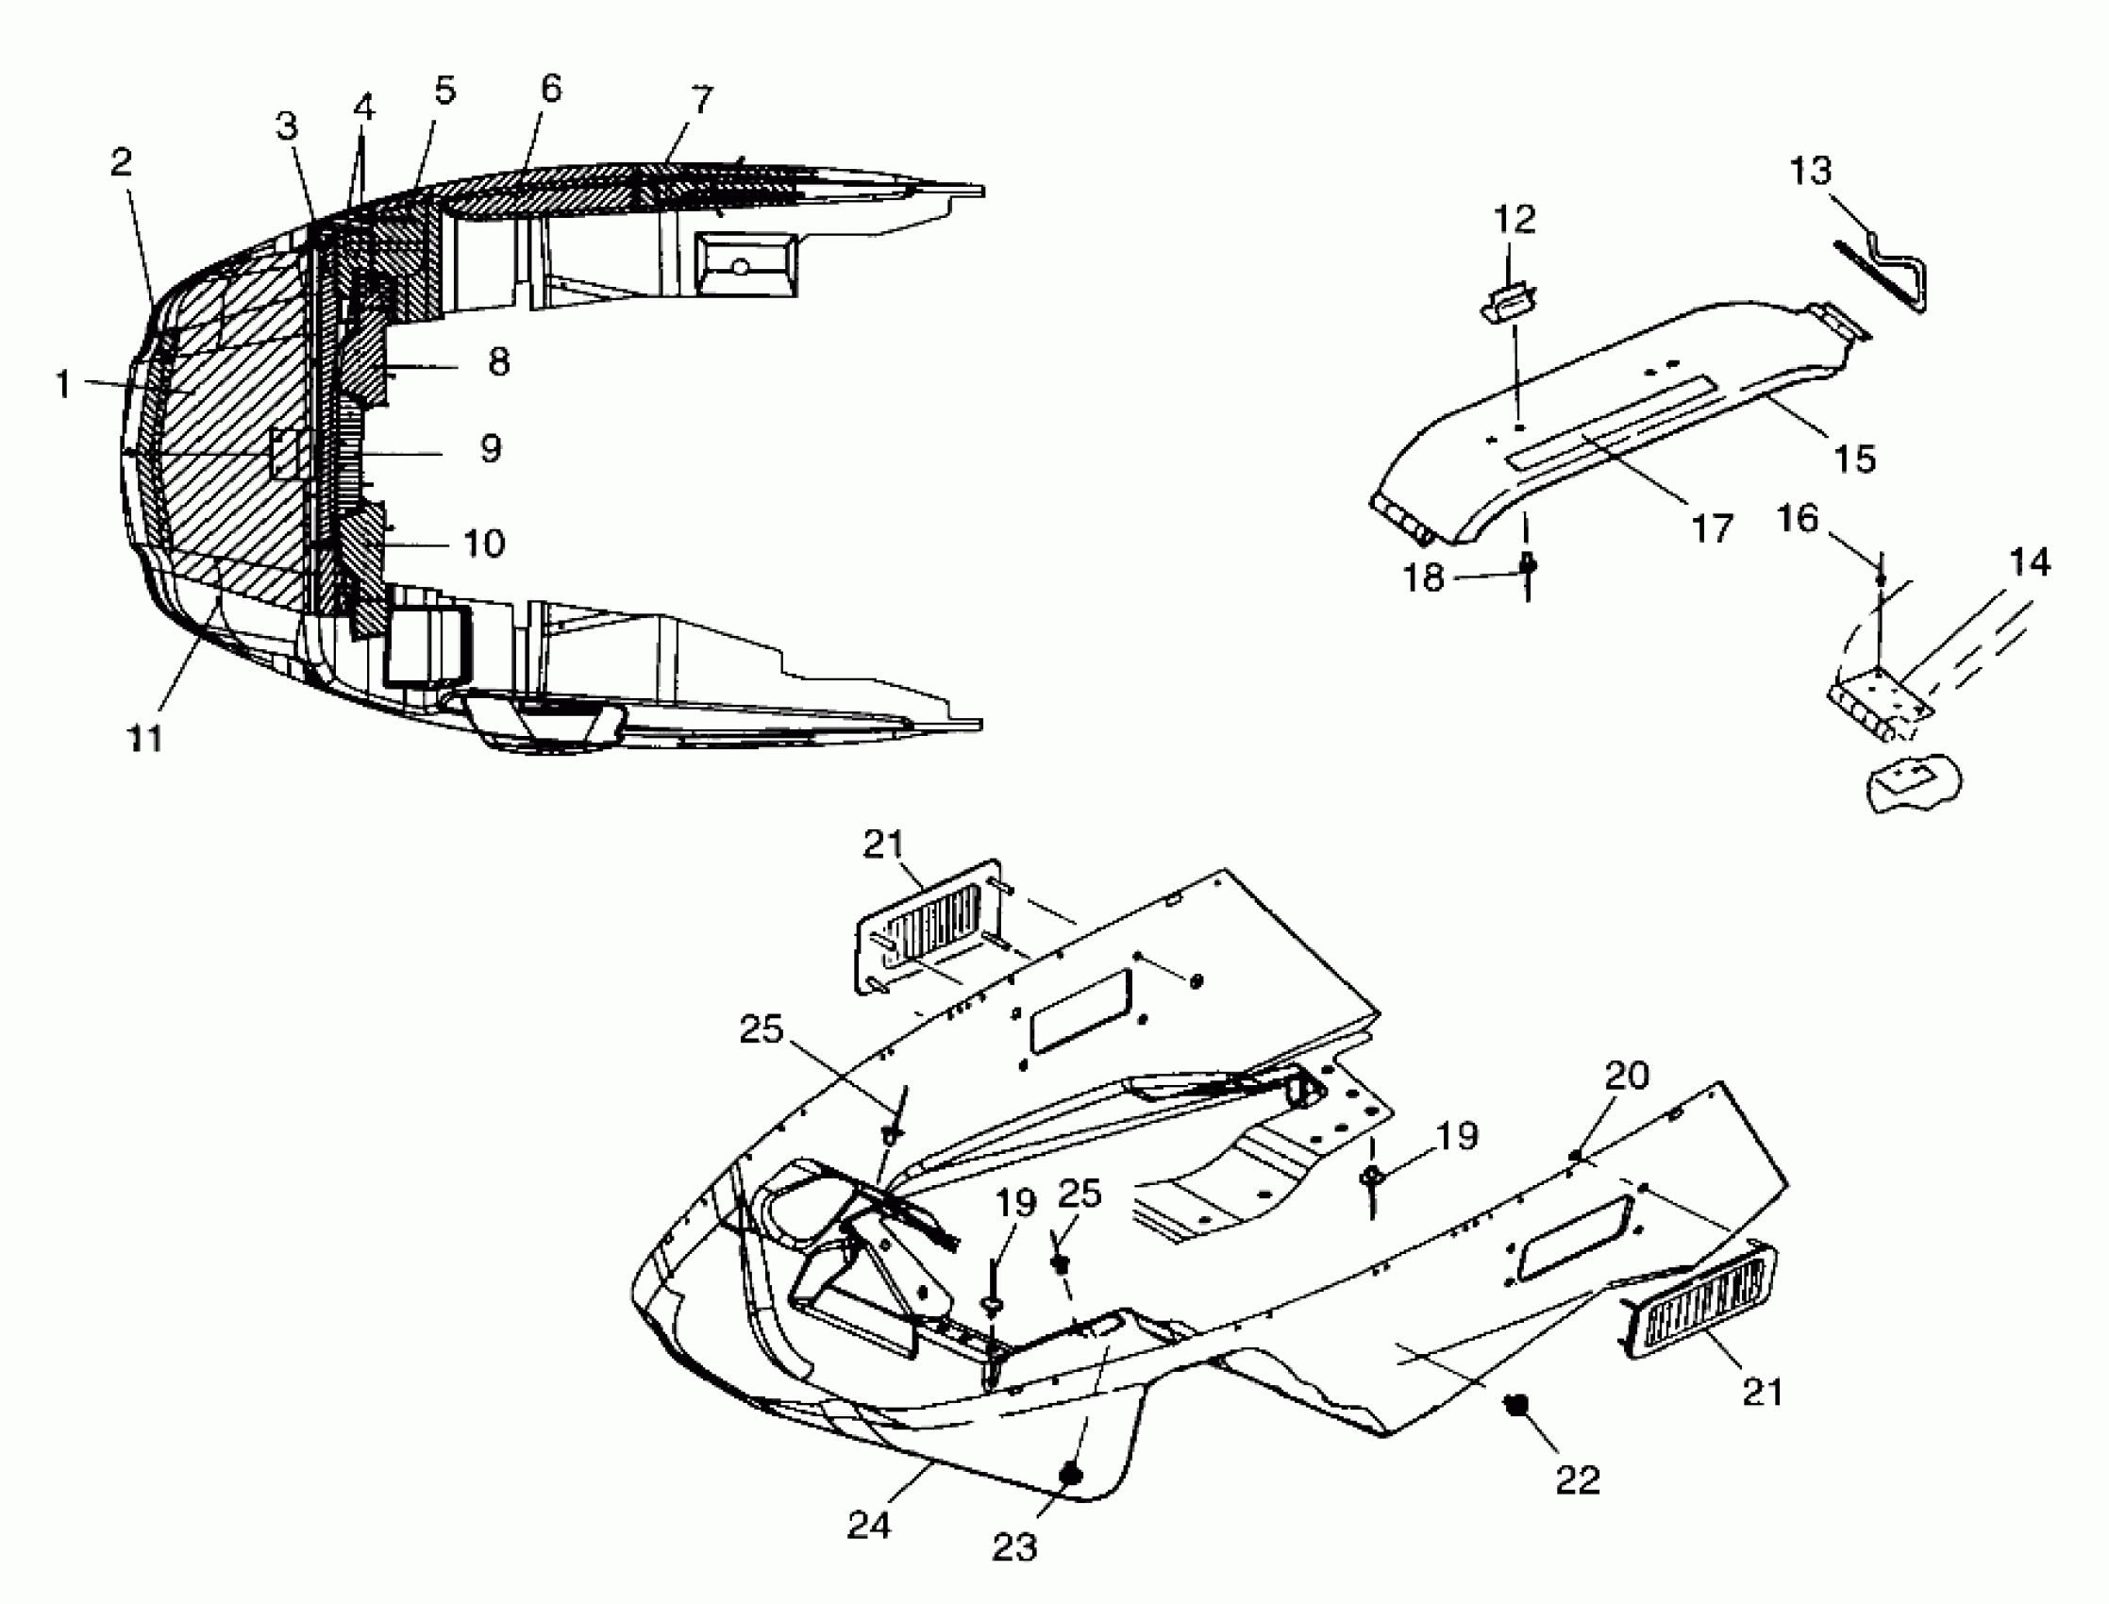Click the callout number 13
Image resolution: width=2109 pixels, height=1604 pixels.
[x=1810, y=172]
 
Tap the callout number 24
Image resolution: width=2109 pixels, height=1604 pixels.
[x=869, y=1525]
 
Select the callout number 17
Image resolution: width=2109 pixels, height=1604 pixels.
[x=1712, y=528]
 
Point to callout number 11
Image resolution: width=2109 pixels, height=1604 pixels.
[x=145, y=737]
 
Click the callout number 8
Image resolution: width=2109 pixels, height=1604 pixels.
[x=498, y=362]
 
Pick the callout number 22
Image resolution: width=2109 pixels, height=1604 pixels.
[x=1577, y=1479]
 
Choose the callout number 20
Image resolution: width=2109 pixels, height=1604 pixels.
[x=1627, y=1076]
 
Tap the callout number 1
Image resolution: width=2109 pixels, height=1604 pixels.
[x=63, y=384]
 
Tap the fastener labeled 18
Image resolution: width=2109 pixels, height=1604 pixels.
[x=1528, y=565]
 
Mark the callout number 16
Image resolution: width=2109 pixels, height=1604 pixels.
[x=1798, y=519]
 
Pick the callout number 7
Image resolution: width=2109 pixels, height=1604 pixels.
[x=702, y=99]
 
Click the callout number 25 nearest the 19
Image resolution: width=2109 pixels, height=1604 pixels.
[x=1080, y=1194]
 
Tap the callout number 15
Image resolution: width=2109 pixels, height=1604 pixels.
[x=1855, y=459]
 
